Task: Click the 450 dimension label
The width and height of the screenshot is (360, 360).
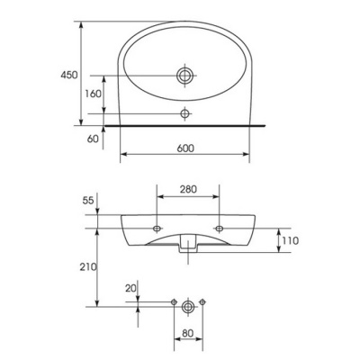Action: [69, 75]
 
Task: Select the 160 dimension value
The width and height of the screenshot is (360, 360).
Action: [93, 94]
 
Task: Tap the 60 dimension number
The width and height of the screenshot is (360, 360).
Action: [93, 139]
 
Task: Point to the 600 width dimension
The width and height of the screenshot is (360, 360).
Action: [185, 148]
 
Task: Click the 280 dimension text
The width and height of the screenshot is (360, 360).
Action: [188, 189]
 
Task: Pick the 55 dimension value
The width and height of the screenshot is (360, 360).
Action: [88, 201]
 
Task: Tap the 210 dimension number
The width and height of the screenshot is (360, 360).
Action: [88, 266]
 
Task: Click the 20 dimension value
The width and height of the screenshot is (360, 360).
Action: [130, 288]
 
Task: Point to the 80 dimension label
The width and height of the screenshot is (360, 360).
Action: [188, 333]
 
